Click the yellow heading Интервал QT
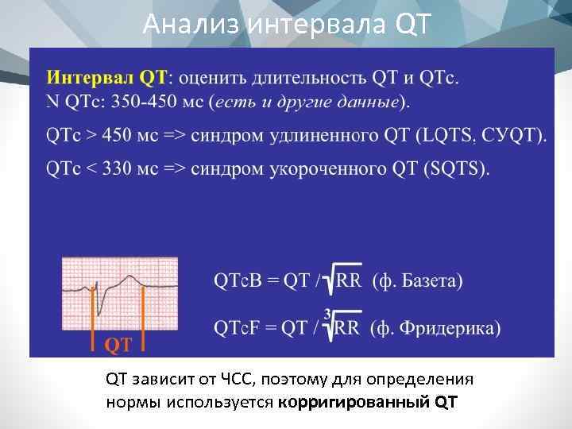pyautogui.click(x=106, y=79)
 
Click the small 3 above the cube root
pyautogui.click(x=327, y=311)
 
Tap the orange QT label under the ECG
pyautogui.click(x=118, y=344)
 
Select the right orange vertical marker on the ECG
pyautogui.click(x=142, y=314)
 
